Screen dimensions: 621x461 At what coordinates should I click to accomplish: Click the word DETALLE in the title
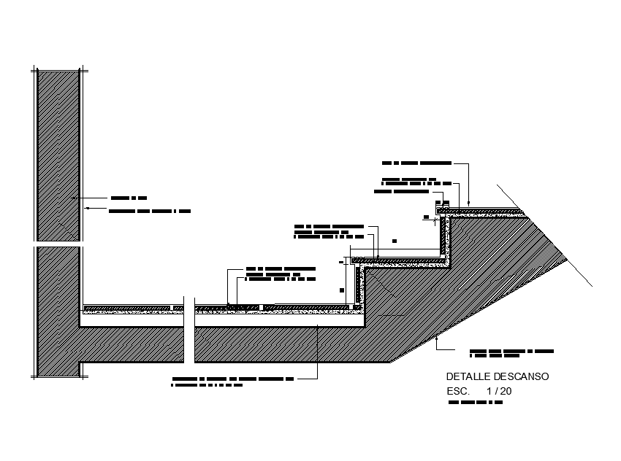coord(462,377)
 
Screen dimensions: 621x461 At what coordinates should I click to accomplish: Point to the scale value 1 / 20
coord(498,391)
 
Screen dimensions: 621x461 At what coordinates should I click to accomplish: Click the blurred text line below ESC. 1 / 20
coord(475,402)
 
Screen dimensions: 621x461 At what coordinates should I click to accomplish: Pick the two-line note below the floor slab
coord(232,381)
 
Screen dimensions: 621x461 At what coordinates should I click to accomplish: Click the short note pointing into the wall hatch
coord(129,198)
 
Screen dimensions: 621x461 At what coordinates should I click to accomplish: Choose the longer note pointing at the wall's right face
coord(150,212)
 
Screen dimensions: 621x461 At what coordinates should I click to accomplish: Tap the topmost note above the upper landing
coord(416,162)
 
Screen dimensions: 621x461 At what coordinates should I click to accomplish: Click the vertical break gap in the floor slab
coord(188,332)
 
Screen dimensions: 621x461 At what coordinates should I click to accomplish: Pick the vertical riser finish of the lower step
coord(358,286)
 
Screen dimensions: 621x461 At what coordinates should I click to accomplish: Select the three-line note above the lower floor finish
coord(281,274)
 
